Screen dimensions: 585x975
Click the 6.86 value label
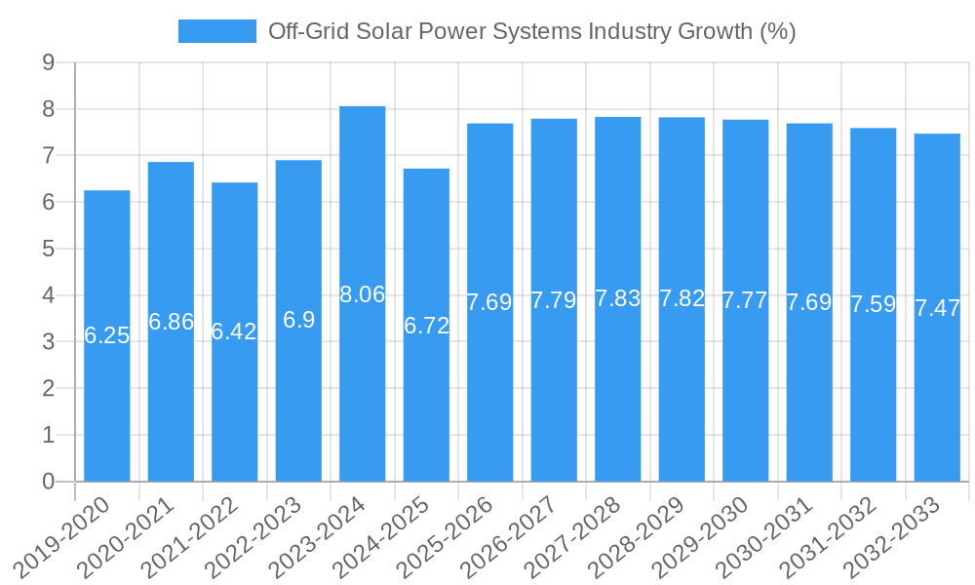click(172, 322)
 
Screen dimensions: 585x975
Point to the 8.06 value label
click(363, 294)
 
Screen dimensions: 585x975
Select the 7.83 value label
click(618, 299)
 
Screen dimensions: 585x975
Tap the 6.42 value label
click(235, 331)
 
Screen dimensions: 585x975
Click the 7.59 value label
click(874, 304)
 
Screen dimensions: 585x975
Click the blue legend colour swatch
click(216, 31)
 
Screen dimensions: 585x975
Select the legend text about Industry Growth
click(532, 31)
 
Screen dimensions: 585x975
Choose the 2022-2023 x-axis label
click(268, 536)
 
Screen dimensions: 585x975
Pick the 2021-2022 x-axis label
click(205, 536)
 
